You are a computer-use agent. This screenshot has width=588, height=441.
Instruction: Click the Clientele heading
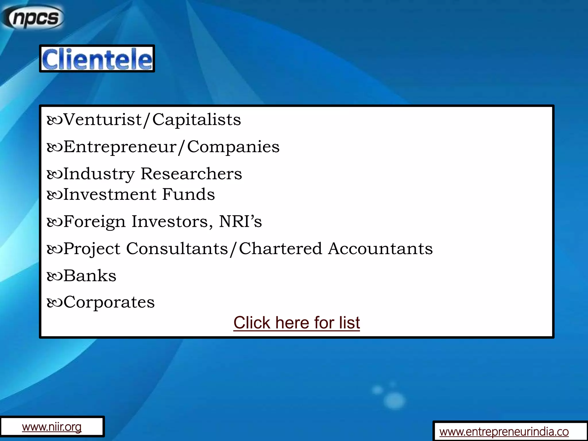(97, 59)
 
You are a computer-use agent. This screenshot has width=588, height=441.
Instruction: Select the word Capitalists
(196, 119)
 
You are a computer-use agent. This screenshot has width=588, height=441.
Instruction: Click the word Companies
(233, 147)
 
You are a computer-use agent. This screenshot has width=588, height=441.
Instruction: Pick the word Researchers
(191, 174)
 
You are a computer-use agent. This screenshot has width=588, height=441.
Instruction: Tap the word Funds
(188, 194)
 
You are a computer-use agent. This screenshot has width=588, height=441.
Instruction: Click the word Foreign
(94, 222)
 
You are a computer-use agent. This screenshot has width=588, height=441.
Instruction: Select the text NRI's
(240, 221)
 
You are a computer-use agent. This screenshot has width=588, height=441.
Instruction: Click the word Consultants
(177, 248)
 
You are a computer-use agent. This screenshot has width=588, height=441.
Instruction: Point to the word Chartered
(280, 248)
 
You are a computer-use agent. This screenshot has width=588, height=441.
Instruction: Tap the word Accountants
(380, 248)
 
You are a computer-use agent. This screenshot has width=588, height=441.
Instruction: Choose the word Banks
(90, 276)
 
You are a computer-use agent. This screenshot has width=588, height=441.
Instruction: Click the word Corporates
(109, 302)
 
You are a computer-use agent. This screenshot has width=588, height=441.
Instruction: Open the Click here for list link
(297, 323)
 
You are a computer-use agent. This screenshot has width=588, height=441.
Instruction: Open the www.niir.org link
(52, 427)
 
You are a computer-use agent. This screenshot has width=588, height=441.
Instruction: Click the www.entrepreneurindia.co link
(504, 432)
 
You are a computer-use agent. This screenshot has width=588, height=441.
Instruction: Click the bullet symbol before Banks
(55, 276)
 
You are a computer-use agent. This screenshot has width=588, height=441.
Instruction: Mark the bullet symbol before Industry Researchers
(55, 174)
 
